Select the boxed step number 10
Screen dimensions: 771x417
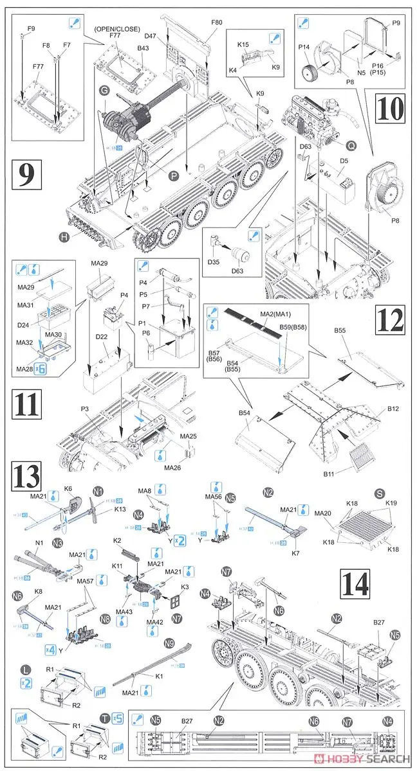(388, 109)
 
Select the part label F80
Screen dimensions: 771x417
(217, 22)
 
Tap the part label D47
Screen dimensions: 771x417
(151, 37)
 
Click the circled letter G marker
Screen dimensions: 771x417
(104, 92)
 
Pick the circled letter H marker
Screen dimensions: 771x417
(64, 236)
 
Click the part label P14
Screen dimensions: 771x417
(304, 47)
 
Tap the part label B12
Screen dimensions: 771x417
(393, 409)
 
